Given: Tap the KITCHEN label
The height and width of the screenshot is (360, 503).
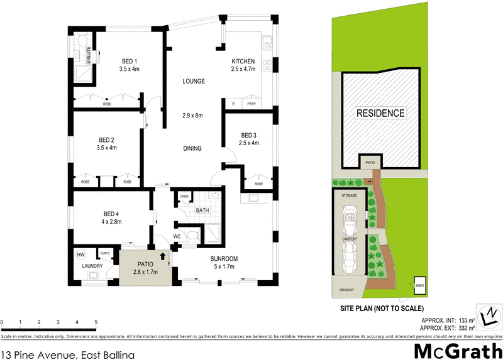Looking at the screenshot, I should [243, 61].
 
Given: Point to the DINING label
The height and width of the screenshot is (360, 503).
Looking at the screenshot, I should [192, 149].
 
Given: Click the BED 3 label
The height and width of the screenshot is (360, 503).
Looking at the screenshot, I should [249, 135].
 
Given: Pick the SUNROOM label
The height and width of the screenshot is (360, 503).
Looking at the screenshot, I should [224, 259].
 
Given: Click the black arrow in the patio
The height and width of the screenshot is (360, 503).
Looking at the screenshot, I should [162, 256].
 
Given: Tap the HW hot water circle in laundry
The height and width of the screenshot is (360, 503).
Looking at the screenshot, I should [81, 254].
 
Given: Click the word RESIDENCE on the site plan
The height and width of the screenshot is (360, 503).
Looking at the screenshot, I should [381, 114].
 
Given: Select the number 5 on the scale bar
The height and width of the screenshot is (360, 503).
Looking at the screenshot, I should [96, 322].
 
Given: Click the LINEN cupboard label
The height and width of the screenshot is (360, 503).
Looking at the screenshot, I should [184, 197].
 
